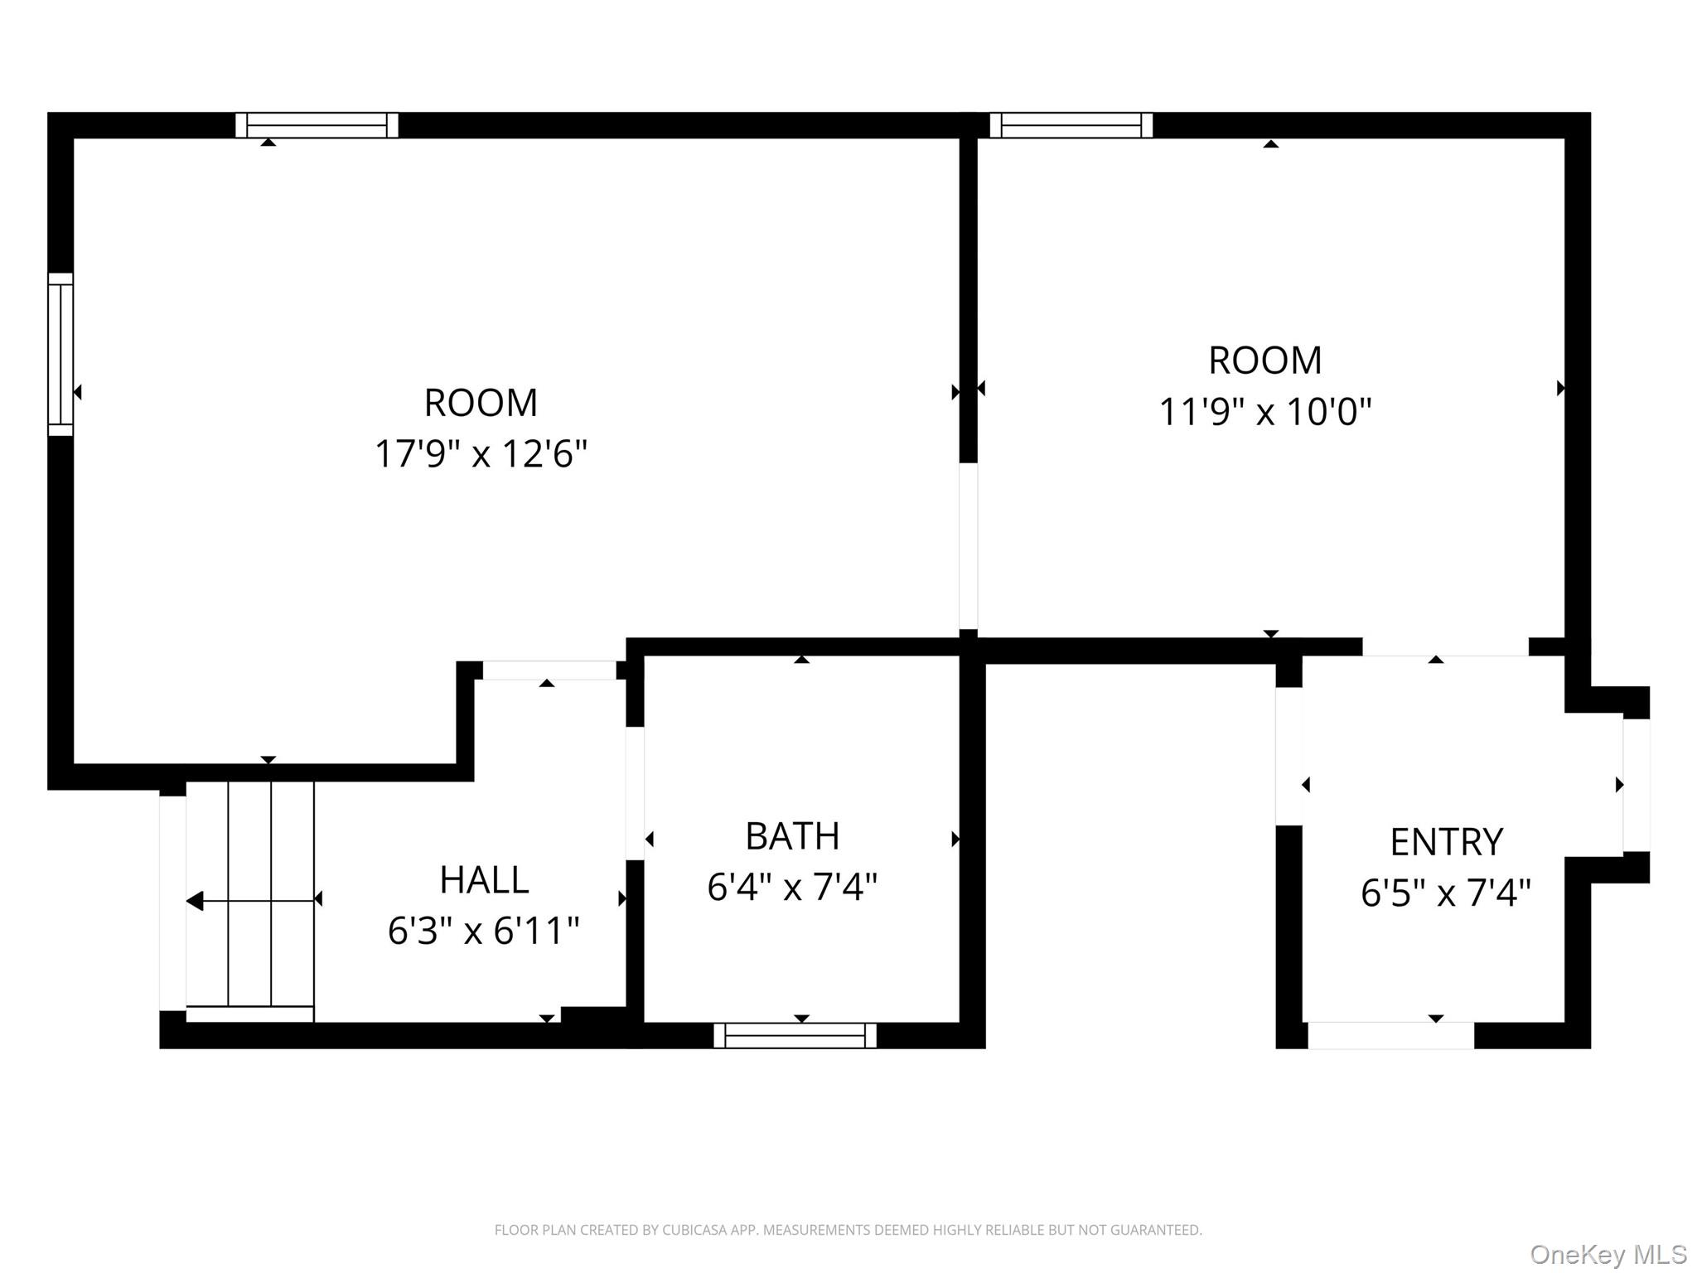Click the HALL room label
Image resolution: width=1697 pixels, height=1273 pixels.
pos(484,880)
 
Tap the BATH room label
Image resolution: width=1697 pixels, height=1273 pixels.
pos(792,836)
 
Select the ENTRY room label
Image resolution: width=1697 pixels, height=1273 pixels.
pos(1446,842)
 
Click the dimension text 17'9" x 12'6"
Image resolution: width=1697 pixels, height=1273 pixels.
pos(481,454)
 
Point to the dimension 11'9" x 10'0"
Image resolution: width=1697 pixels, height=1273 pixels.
pos(1264,412)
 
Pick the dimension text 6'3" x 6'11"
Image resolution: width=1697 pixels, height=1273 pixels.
pos(483,931)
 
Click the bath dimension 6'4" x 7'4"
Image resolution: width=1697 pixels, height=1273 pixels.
pos(792,888)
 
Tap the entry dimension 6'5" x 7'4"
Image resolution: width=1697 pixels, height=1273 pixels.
pos(1446,893)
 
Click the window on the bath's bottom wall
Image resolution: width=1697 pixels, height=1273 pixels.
pos(795,1035)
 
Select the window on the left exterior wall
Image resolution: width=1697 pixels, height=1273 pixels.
pos(60,354)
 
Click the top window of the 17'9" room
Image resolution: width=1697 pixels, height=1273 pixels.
pos(317,125)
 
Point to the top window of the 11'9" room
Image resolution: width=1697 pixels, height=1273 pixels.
pos(1071,125)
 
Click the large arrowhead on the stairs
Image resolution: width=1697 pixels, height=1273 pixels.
pos(195,901)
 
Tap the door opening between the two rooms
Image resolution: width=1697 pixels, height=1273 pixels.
pos(968,546)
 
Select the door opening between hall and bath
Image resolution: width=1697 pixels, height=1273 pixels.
pos(635,793)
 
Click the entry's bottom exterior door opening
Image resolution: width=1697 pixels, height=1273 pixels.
pos(1390,1035)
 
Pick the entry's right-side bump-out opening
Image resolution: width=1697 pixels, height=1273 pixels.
pos(1636,785)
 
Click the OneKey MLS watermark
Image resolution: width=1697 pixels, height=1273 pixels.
pos(1608,1254)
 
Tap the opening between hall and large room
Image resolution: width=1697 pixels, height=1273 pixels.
pos(549,670)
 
